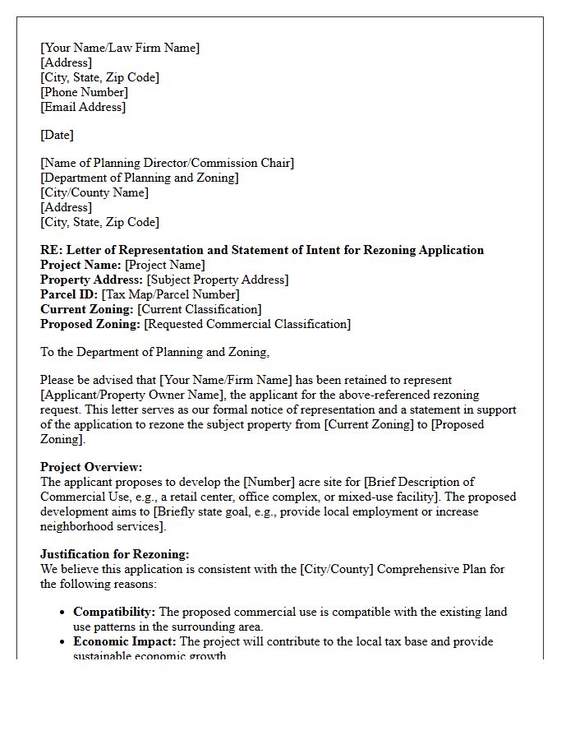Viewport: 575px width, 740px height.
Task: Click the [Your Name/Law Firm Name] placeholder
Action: click(120, 48)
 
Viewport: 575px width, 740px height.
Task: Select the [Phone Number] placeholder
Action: click(84, 92)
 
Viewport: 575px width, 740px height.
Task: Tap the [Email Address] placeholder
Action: click(83, 107)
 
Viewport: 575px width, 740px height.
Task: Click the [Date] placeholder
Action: click(57, 135)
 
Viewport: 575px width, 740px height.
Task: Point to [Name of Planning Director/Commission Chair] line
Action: click(167, 163)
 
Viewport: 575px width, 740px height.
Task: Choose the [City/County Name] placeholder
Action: click(94, 192)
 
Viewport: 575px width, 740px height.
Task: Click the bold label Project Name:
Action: click(80, 265)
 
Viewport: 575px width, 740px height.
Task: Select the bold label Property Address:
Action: click(92, 280)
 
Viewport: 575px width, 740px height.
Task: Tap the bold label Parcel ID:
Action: click(69, 294)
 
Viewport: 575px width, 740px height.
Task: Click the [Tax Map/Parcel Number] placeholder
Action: click(170, 294)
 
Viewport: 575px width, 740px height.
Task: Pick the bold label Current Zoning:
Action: click(87, 309)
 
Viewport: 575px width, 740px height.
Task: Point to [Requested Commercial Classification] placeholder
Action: click(247, 324)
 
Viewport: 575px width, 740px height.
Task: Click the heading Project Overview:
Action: click(91, 467)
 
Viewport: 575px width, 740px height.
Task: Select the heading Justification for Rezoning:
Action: click(115, 554)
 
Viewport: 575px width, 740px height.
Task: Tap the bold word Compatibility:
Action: click(114, 612)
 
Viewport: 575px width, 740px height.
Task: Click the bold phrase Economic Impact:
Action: click(125, 641)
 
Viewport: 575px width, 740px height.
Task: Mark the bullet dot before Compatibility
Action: click(63, 613)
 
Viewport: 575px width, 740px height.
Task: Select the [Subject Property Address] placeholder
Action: click(218, 280)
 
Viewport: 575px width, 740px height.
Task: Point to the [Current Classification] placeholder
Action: click(200, 309)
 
